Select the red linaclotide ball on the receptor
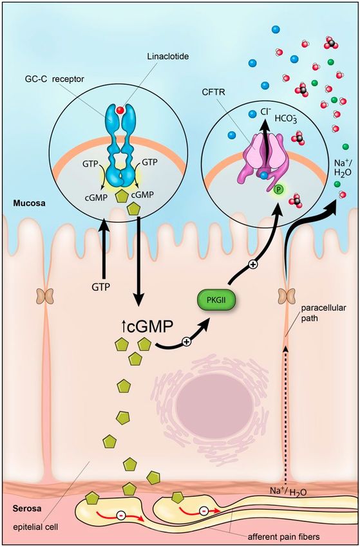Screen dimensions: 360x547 pyautogui.click(x=120, y=111)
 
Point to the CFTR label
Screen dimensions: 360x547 pyautogui.click(x=211, y=93)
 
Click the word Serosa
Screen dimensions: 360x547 pyautogui.click(x=28, y=508)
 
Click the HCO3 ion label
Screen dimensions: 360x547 pyautogui.click(x=285, y=118)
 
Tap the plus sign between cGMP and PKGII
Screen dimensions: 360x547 pyautogui.click(x=187, y=342)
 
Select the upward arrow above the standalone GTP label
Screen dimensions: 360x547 pyautogui.click(x=104, y=252)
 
